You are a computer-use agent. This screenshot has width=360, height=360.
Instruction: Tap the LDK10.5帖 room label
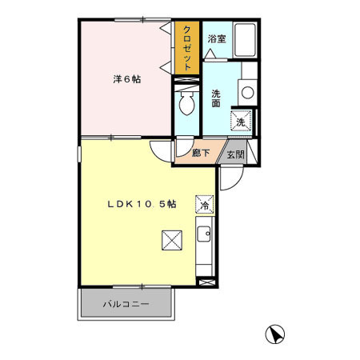(x=142, y=204)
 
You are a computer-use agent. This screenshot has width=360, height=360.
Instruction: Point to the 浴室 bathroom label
(x=216, y=38)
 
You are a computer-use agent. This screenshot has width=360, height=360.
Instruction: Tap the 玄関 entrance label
(x=234, y=154)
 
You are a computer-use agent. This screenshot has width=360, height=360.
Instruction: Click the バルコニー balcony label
(x=126, y=305)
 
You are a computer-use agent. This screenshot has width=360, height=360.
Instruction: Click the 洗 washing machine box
(x=239, y=122)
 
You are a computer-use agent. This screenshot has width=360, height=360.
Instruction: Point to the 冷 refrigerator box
(x=205, y=205)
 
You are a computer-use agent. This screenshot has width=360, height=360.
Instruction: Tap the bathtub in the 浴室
(x=244, y=39)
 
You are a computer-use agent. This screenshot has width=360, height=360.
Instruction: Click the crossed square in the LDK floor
(x=170, y=240)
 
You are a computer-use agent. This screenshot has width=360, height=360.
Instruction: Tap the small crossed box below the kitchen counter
(x=206, y=282)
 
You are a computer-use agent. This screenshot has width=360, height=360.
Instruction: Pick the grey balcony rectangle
(x=126, y=305)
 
